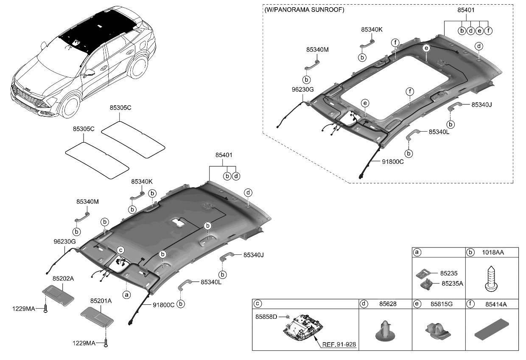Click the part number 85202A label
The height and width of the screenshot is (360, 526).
(x=63, y=279)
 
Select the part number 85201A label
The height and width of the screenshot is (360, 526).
(x=101, y=301)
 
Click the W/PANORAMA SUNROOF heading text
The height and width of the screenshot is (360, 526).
(x=304, y=9)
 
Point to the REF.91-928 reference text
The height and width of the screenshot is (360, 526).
(x=340, y=344)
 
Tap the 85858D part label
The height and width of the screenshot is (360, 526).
(x=266, y=317)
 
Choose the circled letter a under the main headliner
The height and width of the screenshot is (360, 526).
(x=126, y=294)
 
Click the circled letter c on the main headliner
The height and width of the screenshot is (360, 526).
(x=120, y=250)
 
